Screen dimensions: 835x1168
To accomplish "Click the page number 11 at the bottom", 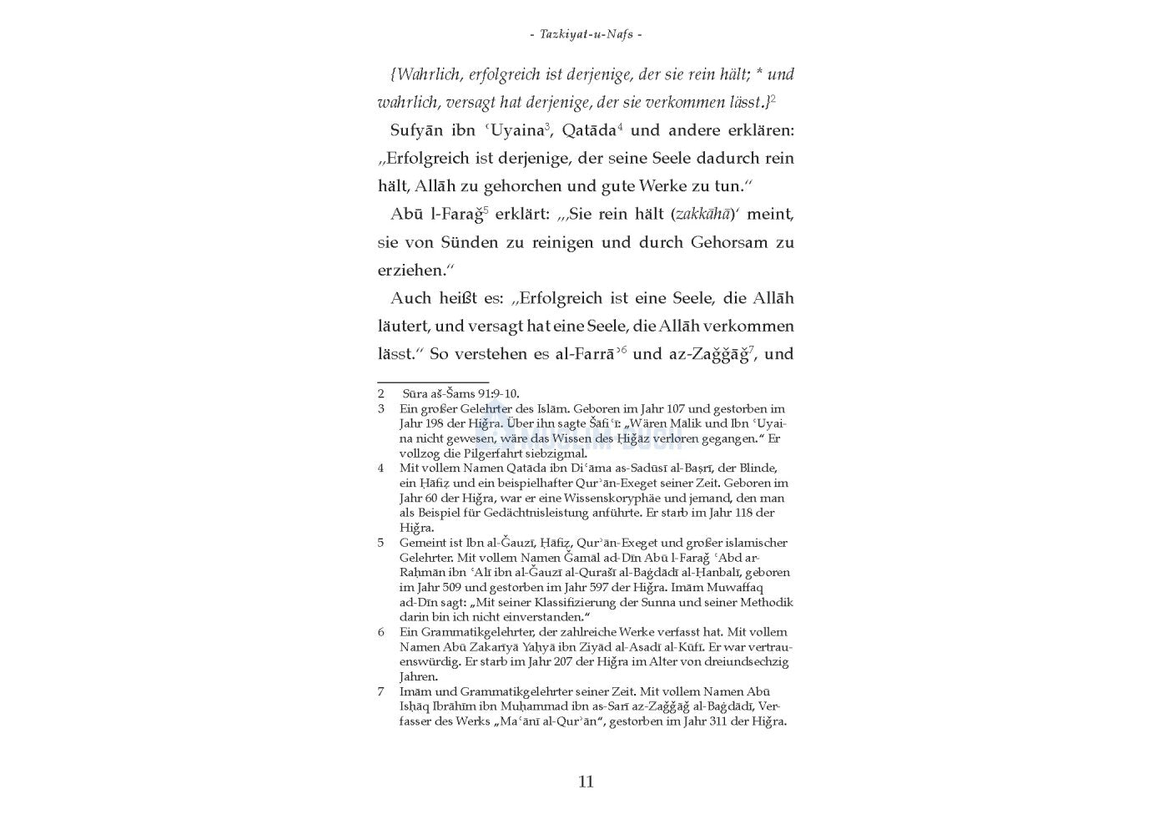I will pyautogui.click(x=585, y=782).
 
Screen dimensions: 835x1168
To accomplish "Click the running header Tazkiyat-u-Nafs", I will pyautogui.click(x=586, y=34).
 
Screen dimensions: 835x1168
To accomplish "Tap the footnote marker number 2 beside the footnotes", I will pyautogui.click(x=380, y=393).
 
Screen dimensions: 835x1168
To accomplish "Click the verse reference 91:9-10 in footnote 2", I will pyautogui.click(x=494, y=393).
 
